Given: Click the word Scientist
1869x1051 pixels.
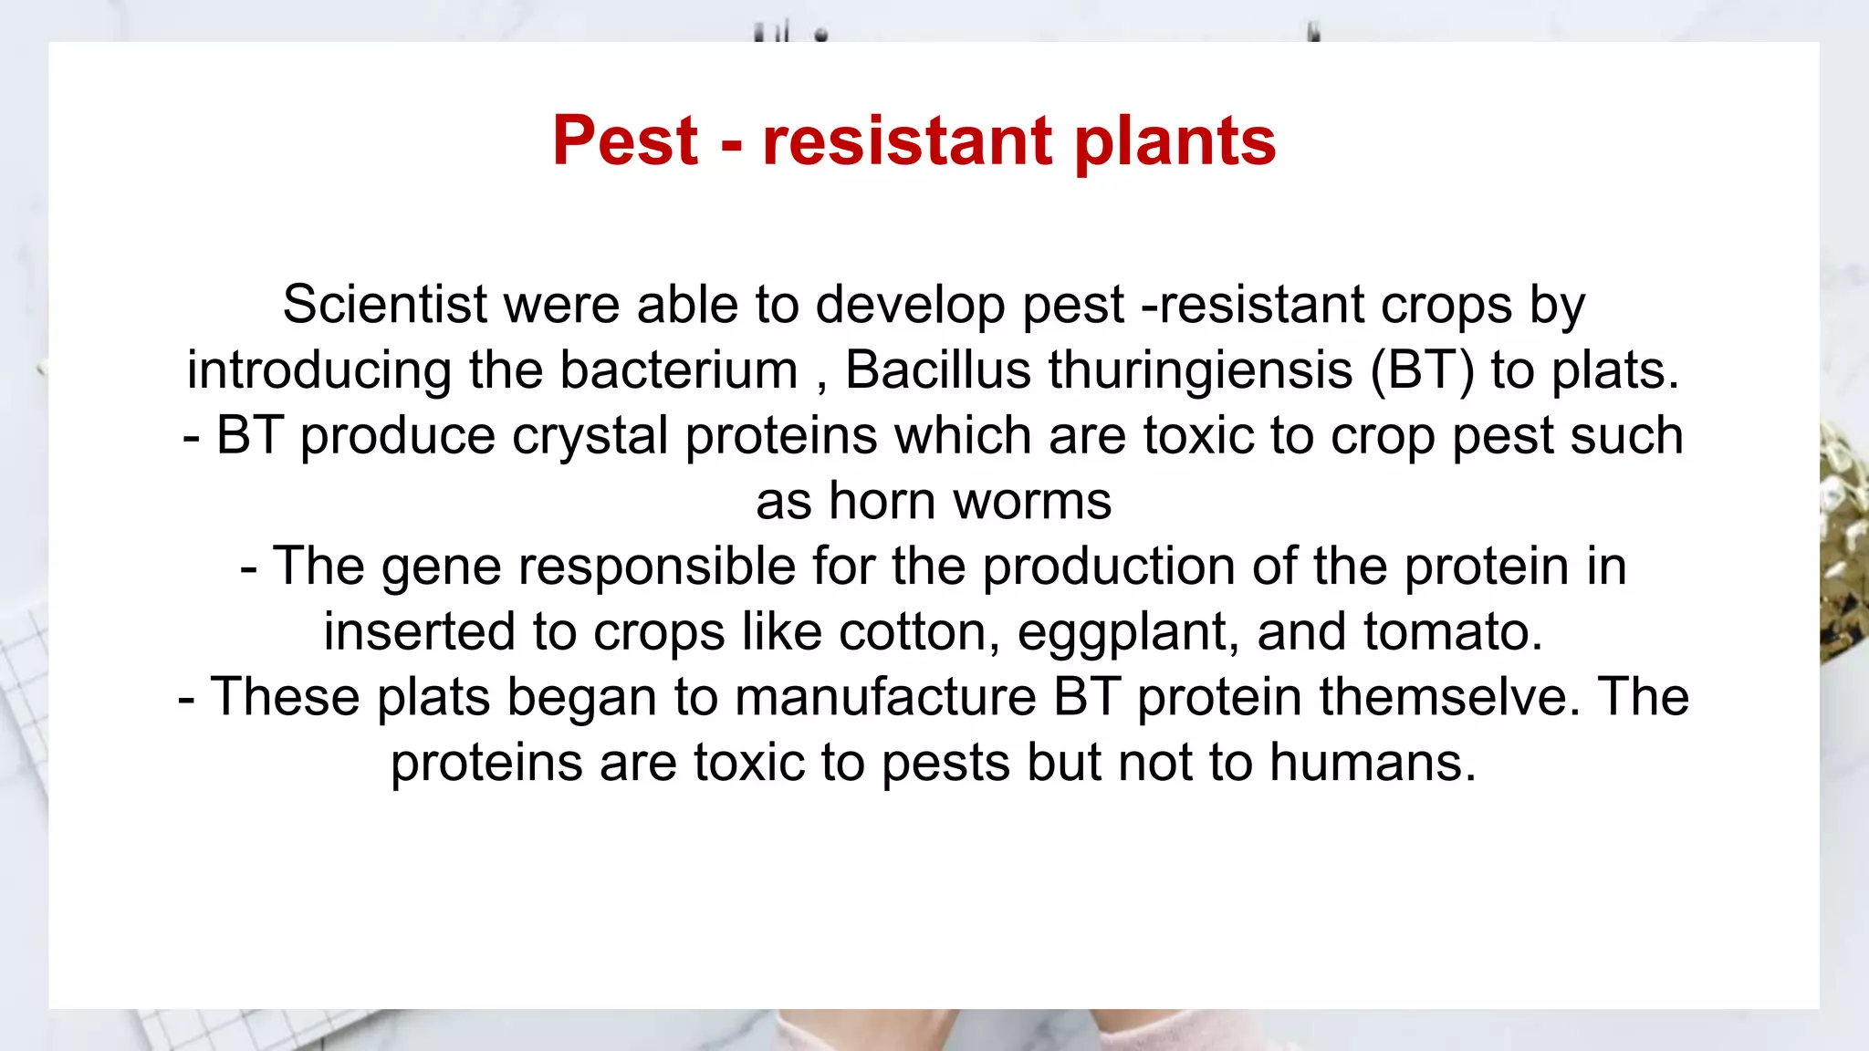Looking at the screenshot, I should (x=384, y=304).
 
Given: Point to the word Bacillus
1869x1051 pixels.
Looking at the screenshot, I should (x=938, y=370).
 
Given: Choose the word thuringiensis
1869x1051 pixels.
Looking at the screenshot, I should (x=1200, y=370).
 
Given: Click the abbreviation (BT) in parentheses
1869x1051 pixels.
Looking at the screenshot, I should (x=1422, y=370).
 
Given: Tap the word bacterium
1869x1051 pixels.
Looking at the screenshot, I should (x=679, y=370).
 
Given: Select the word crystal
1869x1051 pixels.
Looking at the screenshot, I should (x=590, y=436).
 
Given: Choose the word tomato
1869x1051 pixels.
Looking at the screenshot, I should (x=1453, y=631).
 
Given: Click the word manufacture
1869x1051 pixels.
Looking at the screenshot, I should (x=885, y=697).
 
